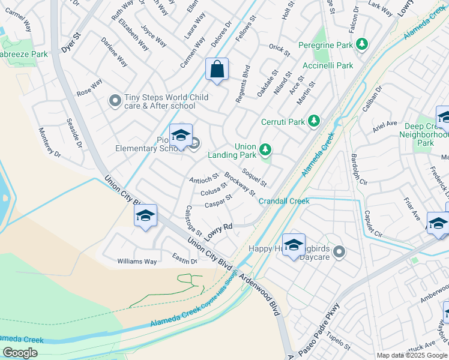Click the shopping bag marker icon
(x=217, y=69)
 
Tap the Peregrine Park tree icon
(x=362, y=44)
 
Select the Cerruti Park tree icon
(x=313, y=121)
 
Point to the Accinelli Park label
(x=327, y=65)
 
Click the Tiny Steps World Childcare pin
(x=115, y=101)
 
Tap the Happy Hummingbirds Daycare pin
(x=339, y=252)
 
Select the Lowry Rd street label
(x=219, y=231)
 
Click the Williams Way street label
(x=137, y=262)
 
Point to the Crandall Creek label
(x=284, y=201)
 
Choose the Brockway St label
(x=240, y=184)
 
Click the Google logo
(x=20, y=353)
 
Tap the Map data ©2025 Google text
(x=412, y=355)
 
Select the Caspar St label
(x=218, y=202)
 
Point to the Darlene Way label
(x=114, y=53)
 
